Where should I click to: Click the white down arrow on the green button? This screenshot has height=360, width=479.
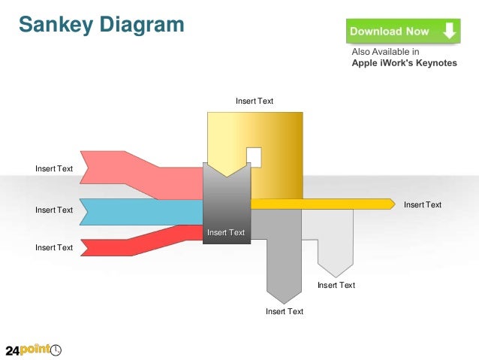tap(448, 31)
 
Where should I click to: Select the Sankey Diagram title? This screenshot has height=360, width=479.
tap(101, 24)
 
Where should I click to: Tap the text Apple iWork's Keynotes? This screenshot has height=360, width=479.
tap(404, 63)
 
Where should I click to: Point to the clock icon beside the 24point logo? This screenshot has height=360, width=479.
tap(56, 349)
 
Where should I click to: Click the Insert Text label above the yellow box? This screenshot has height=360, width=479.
tap(255, 101)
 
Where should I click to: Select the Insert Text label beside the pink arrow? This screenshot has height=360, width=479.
tap(54, 168)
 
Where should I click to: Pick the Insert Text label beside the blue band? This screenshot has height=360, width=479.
tap(54, 210)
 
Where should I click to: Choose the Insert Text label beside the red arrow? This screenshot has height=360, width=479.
tap(54, 247)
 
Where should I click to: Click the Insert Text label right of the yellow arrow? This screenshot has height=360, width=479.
tap(423, 204)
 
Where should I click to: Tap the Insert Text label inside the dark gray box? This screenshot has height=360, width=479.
tap(226, 232)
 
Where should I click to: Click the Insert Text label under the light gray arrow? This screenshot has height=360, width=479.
tap(336, 285)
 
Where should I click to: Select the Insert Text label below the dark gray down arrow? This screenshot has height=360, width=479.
tap(285, 311)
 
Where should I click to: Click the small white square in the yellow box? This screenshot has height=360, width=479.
tap(254, 158)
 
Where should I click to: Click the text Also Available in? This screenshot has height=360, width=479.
tap(385, 52)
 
